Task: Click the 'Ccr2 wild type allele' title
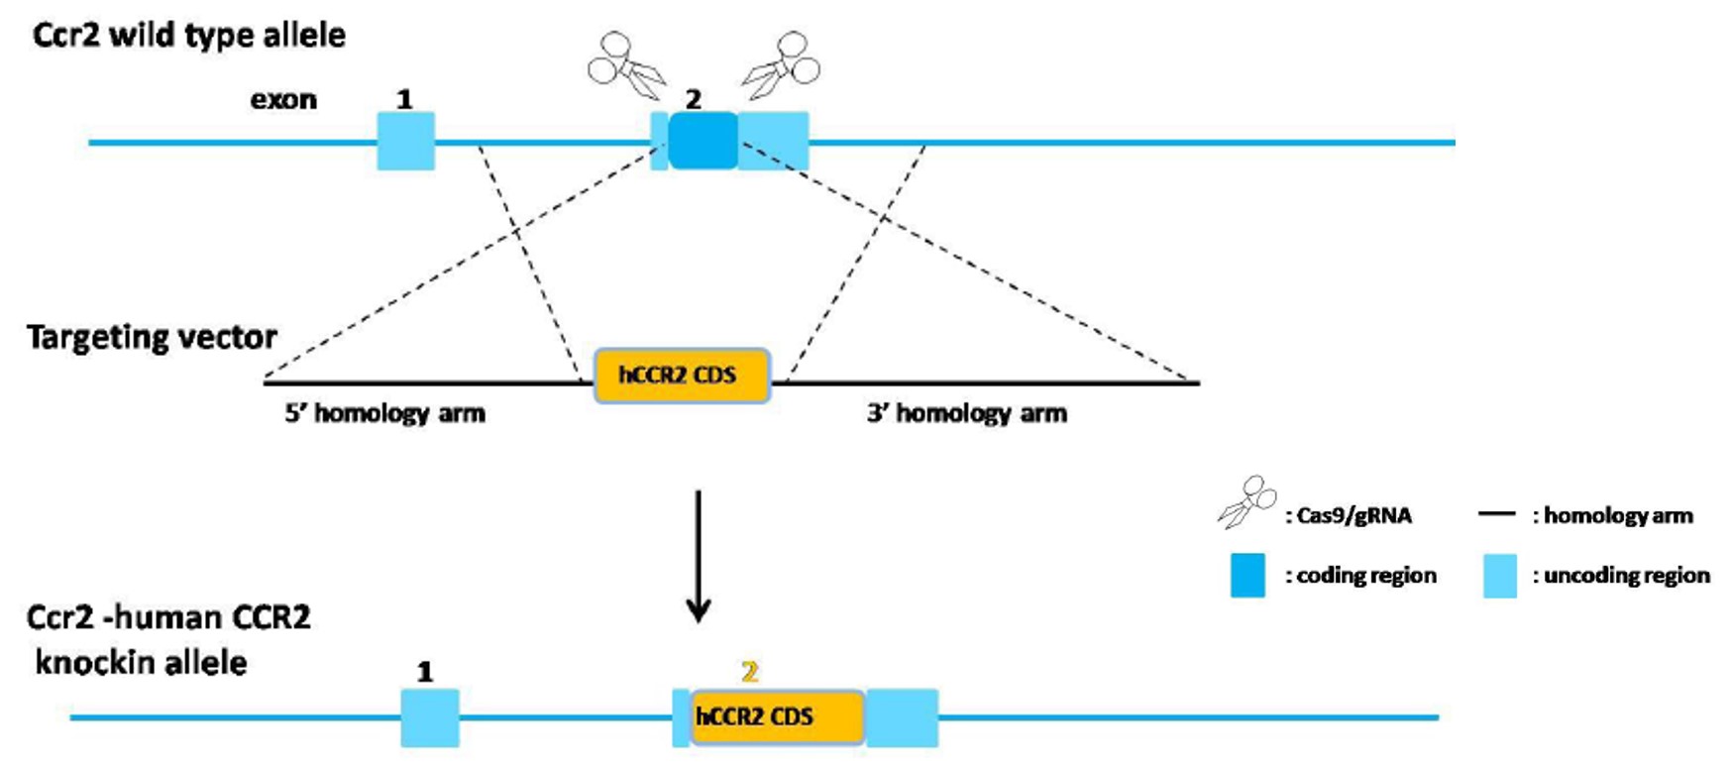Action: (x=189, y=36)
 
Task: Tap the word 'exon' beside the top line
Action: (x=283, y=100)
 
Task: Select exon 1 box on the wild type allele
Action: (x=405, y=141)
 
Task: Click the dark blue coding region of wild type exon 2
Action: (x=703, y=141)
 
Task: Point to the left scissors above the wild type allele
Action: (x=626, y=66)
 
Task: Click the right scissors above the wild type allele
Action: (x=783, y=65)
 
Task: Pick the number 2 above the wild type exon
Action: (x=694, y=99)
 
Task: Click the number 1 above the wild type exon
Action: (x=404, y=99)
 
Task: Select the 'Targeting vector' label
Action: (x=152, y=338)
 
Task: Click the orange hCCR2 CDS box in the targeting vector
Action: (x=682, y=376)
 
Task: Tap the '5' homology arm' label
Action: (x=385, y=413)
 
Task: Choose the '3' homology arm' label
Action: (x=967, y=413)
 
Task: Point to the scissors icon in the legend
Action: (x=1246, y=501)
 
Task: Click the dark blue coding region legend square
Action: (x=1247, y=576)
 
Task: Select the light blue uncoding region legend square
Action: (x=1500, y=576)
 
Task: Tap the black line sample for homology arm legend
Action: (x=1496, y=514)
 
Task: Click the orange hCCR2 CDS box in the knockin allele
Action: (x=778, y=716)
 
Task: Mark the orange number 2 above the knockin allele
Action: (x=750, y=672)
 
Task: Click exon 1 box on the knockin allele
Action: (x=430, y=717)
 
